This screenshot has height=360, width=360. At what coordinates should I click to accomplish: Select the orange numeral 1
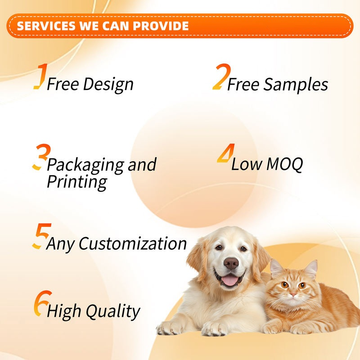click(x=40, y=76)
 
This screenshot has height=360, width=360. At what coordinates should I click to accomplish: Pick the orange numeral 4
click(x=224, y=154)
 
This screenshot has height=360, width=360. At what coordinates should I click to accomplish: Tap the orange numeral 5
click(x=40, y=236)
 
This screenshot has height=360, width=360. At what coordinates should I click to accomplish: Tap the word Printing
click(x=77, y=182)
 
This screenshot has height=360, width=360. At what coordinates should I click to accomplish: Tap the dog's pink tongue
click(x=230, y=281)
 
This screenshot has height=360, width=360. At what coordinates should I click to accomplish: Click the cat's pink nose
click(x=293, y=295)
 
